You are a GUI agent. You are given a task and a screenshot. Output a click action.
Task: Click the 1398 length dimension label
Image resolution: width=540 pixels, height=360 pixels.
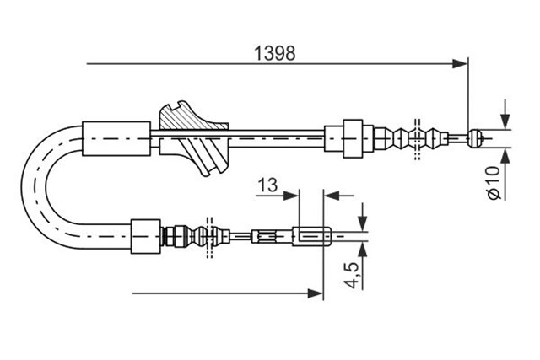click(x=274, y=53)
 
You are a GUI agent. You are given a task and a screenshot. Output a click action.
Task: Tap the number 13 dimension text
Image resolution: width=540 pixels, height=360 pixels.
click(x=267, y=185)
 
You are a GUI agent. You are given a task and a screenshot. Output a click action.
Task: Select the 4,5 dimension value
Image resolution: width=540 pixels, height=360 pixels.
click(x=351, y=275)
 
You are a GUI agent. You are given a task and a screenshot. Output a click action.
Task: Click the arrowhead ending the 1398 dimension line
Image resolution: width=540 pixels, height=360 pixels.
click(x=460, y=64)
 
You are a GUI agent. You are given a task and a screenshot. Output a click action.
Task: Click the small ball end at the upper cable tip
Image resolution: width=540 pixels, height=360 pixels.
click(x=475, y=139)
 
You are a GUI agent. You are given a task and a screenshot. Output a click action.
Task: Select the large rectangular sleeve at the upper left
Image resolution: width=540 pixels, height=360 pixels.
click(x=116, y=139)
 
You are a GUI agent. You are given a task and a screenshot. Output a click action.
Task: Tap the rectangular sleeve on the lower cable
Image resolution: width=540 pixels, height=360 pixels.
click(x=146, y=236)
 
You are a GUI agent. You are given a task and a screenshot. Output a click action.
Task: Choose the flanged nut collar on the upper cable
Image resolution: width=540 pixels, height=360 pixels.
click(x=353, y=139)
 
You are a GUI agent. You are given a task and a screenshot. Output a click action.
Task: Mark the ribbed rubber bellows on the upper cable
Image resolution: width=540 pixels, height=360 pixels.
click(x=412, y=139)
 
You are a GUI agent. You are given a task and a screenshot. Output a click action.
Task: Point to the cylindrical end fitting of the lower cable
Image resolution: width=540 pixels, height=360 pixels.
click(x=312, y=236)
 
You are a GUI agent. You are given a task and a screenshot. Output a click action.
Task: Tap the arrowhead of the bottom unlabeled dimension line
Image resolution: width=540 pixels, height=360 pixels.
click(x=316, y=293)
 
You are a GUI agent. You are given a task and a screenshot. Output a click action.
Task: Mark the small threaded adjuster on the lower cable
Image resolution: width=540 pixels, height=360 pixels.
click(x=263, y=236)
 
